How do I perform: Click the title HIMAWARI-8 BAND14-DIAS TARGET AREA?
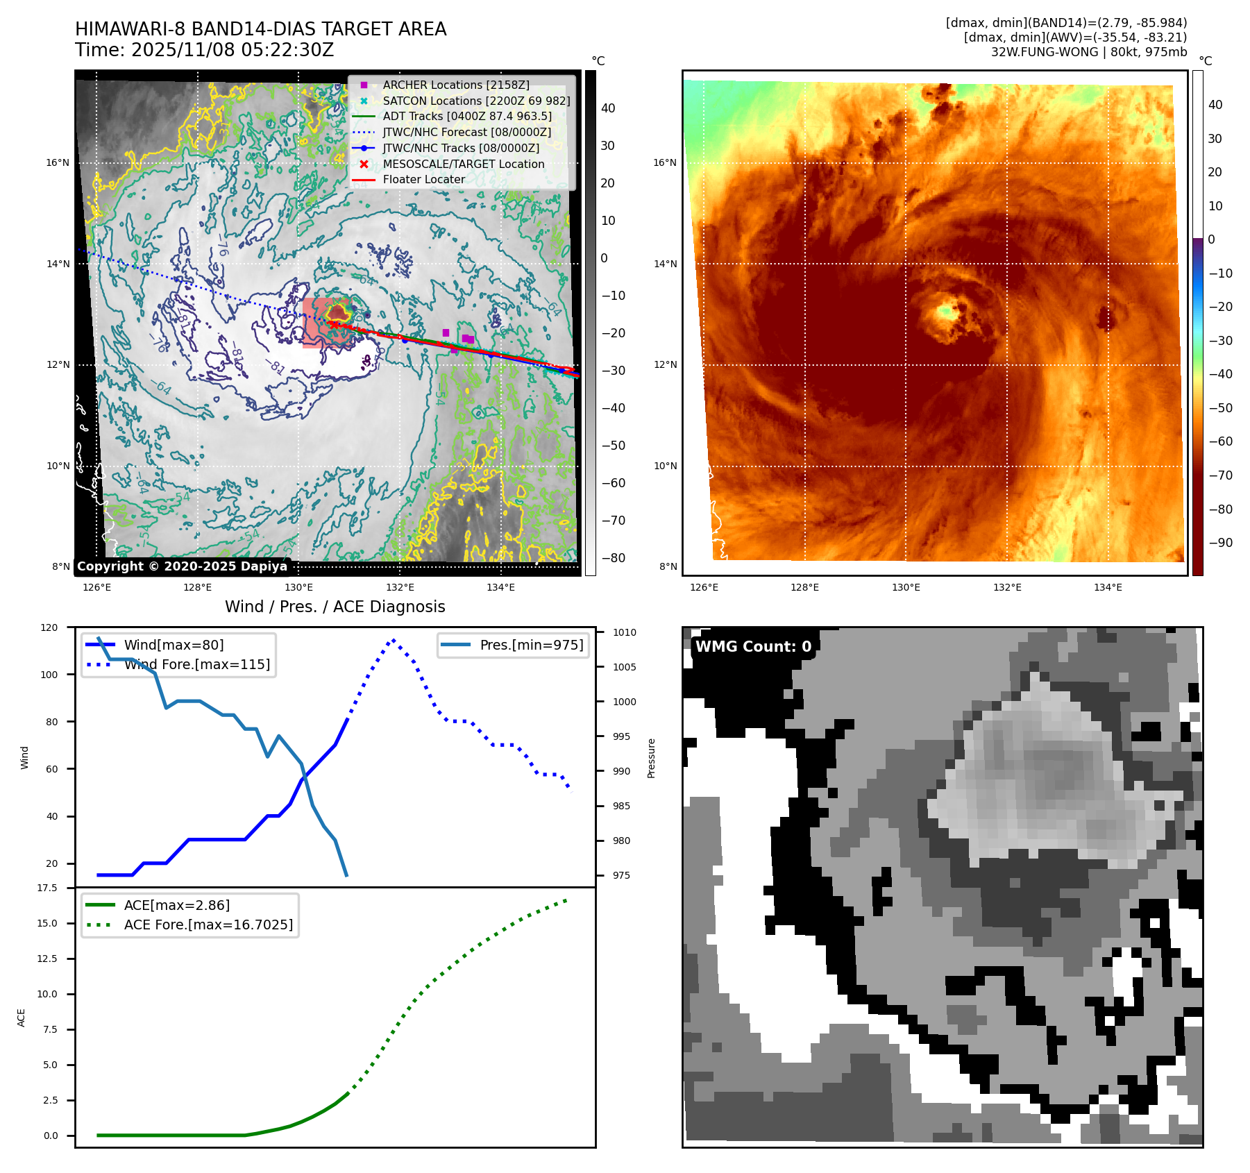(260, 29)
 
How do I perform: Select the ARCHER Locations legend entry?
(455, 85)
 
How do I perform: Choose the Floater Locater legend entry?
(423, 179)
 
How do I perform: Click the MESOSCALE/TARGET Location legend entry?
(463, 164)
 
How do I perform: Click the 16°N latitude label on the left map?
(58, 162)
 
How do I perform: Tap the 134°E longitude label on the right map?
(1108, 587)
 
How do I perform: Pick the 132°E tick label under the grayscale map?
(400, 587)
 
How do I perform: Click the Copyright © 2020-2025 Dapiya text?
(182, 566)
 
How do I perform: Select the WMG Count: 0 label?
(753, 647)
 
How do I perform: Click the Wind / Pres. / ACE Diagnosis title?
(335, 607)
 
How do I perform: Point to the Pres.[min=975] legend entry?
(531, 645)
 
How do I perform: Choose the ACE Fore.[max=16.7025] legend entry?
(208, 925)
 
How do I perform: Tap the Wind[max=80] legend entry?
(174, 645)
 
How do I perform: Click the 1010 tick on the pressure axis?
(624, 632)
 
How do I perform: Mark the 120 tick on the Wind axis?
(49, 627)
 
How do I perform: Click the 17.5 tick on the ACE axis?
(47, 888)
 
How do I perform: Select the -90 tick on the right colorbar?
(1220, 543)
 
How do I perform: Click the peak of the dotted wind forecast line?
(394, 640)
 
